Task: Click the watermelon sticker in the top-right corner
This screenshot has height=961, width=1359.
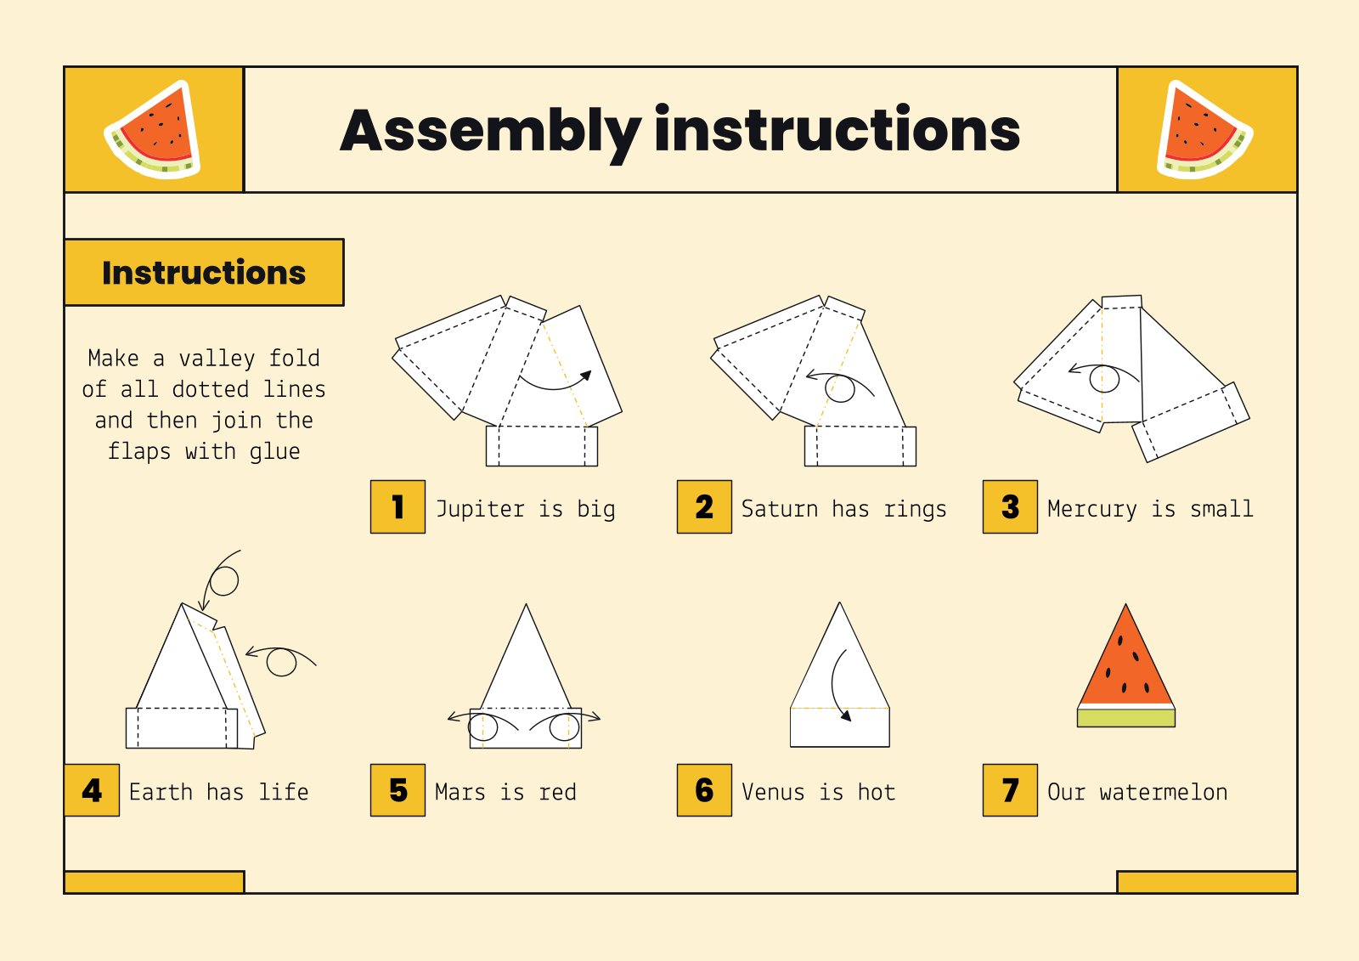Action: click(1204, 130)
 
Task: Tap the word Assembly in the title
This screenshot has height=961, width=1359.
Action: click(490, 132)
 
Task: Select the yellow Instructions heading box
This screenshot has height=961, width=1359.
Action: click(204, 273)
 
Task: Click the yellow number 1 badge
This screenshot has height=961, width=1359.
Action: click(398, 507)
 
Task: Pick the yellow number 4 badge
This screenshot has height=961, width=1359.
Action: click(92, 791)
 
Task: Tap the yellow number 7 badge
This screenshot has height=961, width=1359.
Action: click(1010, 791)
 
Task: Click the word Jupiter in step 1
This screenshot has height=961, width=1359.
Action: click(480, 509)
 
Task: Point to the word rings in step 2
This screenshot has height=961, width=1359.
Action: click(915, 509)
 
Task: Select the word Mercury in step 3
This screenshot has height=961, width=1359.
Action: click(1091, 509)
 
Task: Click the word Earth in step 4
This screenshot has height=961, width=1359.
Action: click(161, 792)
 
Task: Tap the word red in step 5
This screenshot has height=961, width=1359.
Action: click(557, 792)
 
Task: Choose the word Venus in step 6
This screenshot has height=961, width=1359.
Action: click(772, 792)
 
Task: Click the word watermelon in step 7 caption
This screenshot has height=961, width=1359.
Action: click(1163, 792)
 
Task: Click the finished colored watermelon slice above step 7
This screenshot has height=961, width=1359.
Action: click(1126, 663)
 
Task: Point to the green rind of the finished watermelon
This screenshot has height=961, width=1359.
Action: click(1126, 718)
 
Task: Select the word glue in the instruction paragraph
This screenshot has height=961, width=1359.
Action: click(274, 451)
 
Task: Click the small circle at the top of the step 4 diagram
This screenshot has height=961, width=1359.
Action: click(224, 581)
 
